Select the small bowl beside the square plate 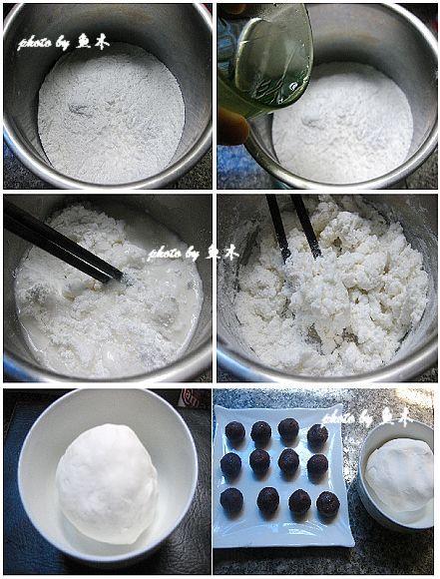click(399, 474)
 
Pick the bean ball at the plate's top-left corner click(235, 431)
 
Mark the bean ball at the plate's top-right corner click(317, 435)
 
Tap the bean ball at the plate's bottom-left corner click(231, 499)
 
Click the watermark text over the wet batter click(194, 253)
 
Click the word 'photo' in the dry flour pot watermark click(36, 44)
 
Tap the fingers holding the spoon click(231, 125)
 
